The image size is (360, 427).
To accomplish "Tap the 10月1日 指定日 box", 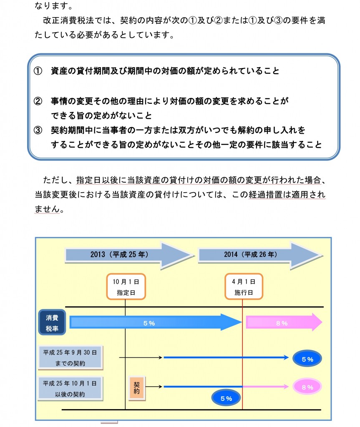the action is tap(126, 286).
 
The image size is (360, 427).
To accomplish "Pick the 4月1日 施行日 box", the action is tap(244, 286).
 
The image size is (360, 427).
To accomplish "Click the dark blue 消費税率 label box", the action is tap(52, 322).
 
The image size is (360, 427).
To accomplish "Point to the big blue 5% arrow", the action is tap(155, 323).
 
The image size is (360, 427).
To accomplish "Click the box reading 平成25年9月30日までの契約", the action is tap(70, 357).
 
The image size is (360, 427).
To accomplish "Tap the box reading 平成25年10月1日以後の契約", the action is tap(70, 389).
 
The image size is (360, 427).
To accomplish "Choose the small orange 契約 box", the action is tap(137, 388).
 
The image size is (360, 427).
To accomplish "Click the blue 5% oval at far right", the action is tap(307, 359).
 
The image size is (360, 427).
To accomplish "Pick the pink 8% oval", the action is tap(307, 387).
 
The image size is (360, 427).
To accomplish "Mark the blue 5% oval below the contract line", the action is tap(226, 398).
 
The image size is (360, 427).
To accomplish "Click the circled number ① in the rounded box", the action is tap(38, 71).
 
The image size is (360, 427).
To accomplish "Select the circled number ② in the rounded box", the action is tap(38, 101).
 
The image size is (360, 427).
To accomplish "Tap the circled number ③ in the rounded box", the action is tap(38, 130).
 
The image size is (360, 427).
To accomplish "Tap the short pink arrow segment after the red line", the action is tap(266, 387).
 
